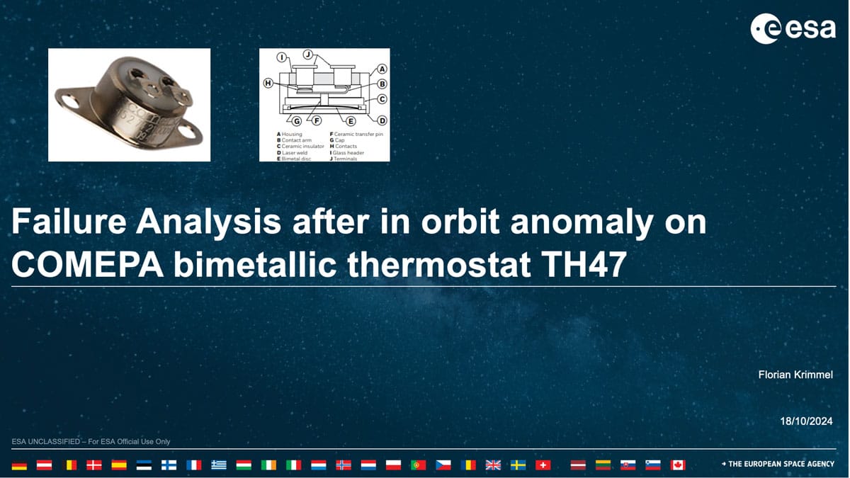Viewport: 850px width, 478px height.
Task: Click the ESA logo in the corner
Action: click(793, 28)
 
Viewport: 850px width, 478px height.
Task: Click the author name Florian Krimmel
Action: click(795, 375)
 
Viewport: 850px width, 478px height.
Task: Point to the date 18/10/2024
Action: click(806, 421)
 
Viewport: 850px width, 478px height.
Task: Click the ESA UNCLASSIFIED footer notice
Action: click(91, 442)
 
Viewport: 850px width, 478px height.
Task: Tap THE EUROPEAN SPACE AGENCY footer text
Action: click(781, 464)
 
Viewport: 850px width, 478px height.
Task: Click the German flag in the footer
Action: click(19, 465)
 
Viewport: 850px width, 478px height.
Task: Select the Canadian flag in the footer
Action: click(678, 465)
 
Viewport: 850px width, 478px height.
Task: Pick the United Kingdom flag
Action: click(493, 465)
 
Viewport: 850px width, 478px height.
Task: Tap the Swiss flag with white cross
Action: click(543, 465)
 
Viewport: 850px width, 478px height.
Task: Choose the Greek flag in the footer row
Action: click(219, 465)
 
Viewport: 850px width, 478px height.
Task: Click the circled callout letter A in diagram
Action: click(382, 69)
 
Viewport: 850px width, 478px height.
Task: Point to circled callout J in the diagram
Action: click(307, 55)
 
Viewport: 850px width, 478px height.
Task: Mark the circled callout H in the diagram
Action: click(268, 84)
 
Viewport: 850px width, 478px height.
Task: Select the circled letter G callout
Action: click(296, 121)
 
